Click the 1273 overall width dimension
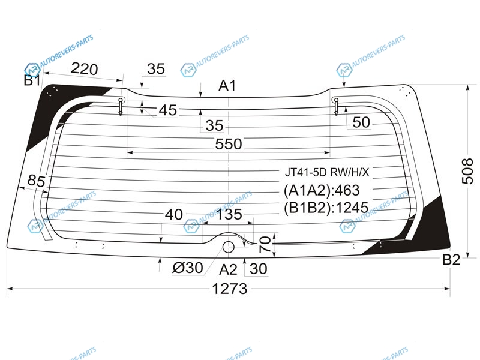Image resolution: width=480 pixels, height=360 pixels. coord(230,289)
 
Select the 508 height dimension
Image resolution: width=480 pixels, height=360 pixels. coord(467,172)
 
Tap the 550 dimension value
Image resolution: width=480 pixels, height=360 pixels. coord(229,144)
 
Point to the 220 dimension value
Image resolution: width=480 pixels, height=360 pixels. coord(84,69)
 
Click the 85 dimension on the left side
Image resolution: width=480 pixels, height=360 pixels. coord(36,181)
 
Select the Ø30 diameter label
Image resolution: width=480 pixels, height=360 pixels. coord(188,268)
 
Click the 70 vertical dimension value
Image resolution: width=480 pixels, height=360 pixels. coord(265,244)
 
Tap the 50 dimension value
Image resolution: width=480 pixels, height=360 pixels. coord(361,122)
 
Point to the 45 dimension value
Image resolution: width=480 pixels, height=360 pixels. coord(168,110)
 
